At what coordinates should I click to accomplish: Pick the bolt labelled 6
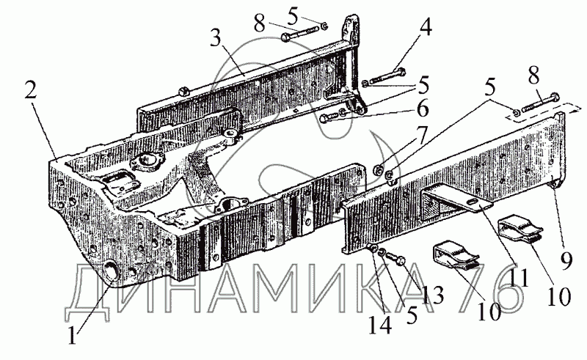[335, 117]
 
